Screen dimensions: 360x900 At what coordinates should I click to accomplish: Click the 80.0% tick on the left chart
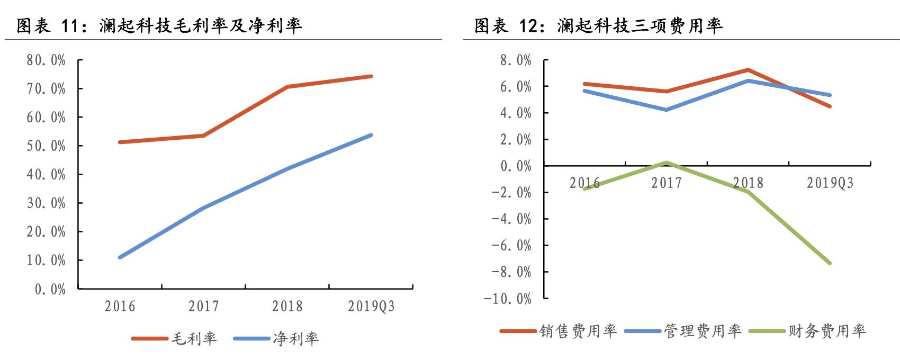[x=46, y=60]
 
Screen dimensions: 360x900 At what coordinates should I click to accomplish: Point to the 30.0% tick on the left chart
[x=46, y=203]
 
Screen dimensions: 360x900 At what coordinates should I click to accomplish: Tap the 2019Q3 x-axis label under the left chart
[x=371, y=306]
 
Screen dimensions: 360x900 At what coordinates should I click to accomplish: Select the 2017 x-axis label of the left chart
[x=203, y=306]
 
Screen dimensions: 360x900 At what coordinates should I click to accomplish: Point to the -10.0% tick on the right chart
[x=507, y=299]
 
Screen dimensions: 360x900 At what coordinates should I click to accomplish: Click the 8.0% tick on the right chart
[x=516, y=60]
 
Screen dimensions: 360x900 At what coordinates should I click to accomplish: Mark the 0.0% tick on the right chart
[x=516, y=166]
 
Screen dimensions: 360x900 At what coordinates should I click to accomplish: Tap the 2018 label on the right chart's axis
[x=748, y=183]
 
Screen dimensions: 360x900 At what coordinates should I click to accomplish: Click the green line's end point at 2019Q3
[x=830, y=263]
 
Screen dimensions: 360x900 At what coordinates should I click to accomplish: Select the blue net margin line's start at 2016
[x=120, y=257]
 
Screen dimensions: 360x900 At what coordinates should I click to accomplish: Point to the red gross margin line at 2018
[x=287, y=86]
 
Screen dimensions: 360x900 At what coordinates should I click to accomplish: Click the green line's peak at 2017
[x=666, y=163]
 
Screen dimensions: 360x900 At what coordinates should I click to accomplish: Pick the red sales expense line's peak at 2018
[x=748, y=70]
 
